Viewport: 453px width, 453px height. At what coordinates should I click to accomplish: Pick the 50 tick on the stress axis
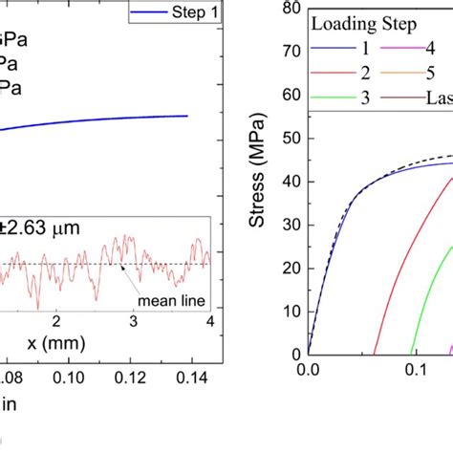pos(292,139)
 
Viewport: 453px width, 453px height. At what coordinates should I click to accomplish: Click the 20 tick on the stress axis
pos(292,267)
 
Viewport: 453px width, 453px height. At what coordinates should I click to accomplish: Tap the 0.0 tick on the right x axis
pos(309,368)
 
